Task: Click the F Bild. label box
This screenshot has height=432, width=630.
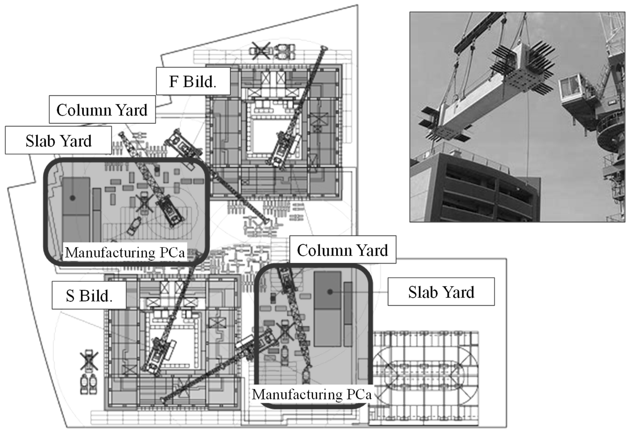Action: (193, 81)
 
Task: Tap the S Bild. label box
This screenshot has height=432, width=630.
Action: (89, 295)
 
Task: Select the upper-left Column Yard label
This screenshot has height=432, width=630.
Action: (102, 109)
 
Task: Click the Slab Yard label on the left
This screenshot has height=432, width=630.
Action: (58, 140)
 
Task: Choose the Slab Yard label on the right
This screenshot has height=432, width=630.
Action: (441, 292)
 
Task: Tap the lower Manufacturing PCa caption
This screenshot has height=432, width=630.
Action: (312, 394)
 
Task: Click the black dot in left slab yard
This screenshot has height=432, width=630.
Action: (72, 198)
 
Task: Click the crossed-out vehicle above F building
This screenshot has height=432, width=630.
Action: (261, 51)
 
